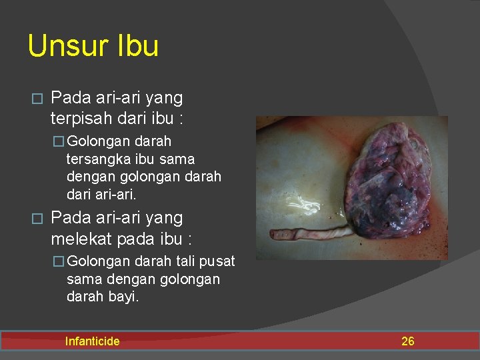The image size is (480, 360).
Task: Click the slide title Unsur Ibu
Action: [93, 46]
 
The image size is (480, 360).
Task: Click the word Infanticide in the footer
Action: [92, 341]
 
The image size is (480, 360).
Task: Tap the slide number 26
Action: [407, 341]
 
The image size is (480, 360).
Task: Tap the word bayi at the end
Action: [123, 297]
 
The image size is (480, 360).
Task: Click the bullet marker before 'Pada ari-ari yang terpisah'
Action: [37, 99]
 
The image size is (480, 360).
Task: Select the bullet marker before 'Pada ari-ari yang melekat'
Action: [37, 219]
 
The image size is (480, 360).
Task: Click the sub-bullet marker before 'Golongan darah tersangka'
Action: [59, 142]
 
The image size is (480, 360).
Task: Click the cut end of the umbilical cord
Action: [275, 235]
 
